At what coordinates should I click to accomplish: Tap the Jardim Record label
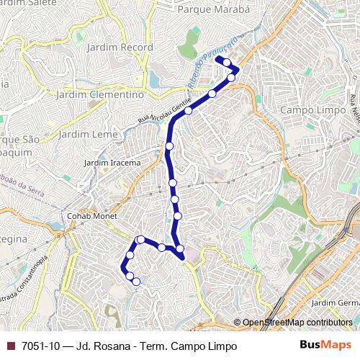click(120, 48)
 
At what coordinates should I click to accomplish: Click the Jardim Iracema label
click(112, 163)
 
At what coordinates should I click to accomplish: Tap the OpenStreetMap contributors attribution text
click(297, 323)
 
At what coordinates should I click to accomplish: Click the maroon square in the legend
click(11, 346)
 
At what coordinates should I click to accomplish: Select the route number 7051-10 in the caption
click(42, 346)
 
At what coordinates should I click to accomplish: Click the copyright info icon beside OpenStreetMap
click(238, 323)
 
